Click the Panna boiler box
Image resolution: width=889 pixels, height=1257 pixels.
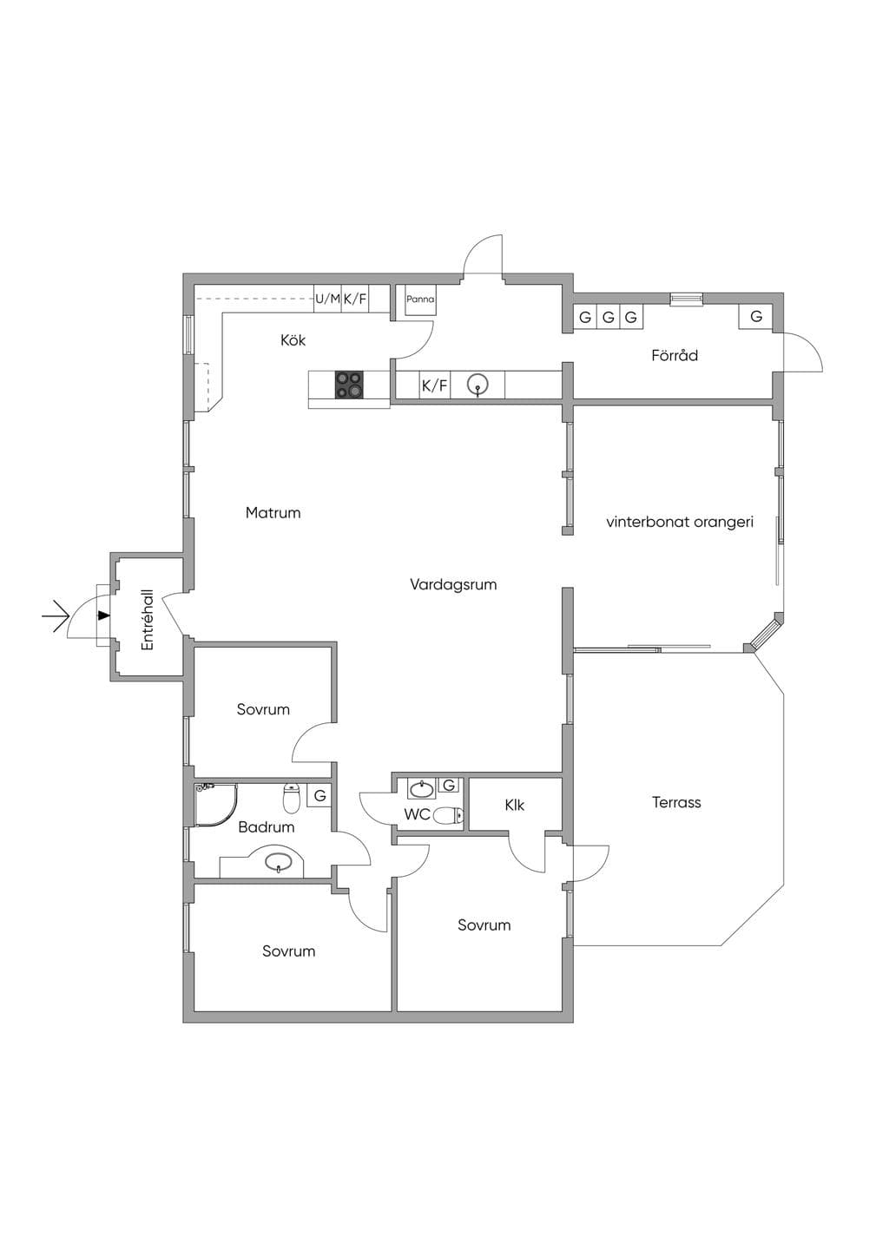click(x=420, y=300)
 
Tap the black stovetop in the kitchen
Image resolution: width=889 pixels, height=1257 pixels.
click(x=349, y=385)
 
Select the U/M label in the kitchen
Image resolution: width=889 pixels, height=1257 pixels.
click(x=328, y=299)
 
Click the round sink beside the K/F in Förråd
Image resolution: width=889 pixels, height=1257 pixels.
click(x=477, y=385)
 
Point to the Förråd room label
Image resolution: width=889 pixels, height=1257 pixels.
click(x=675, y=355)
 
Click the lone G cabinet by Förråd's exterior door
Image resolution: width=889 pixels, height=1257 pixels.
click(x=756, y=317)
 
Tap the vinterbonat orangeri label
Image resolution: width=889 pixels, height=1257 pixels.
click(x=680, y=523)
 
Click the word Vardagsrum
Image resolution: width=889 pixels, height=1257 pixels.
click(x=453, y=585)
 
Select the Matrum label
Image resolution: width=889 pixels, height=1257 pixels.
click(x=273, y=513)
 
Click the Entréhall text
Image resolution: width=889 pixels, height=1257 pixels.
click(x=148, y=620)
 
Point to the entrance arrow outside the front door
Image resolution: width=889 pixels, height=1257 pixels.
click(x=56, y=616)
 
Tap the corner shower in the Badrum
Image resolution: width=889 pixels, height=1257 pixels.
click(x=215, y=805)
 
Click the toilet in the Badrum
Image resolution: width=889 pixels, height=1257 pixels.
click(x=292, y=798)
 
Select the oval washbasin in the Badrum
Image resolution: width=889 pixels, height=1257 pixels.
click(x=279, y=861)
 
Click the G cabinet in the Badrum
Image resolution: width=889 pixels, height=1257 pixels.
click(x=319, y=796)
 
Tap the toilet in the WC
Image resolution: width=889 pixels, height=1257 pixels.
click(x=449, y=815)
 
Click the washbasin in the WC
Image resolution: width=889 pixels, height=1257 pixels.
click(x=421, y=790)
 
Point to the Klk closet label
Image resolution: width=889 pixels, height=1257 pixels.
click(x=515, y=806)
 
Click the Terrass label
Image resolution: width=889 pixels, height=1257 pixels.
click(x=677, y=802)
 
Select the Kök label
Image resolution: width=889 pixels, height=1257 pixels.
click(x=293, y=340)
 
